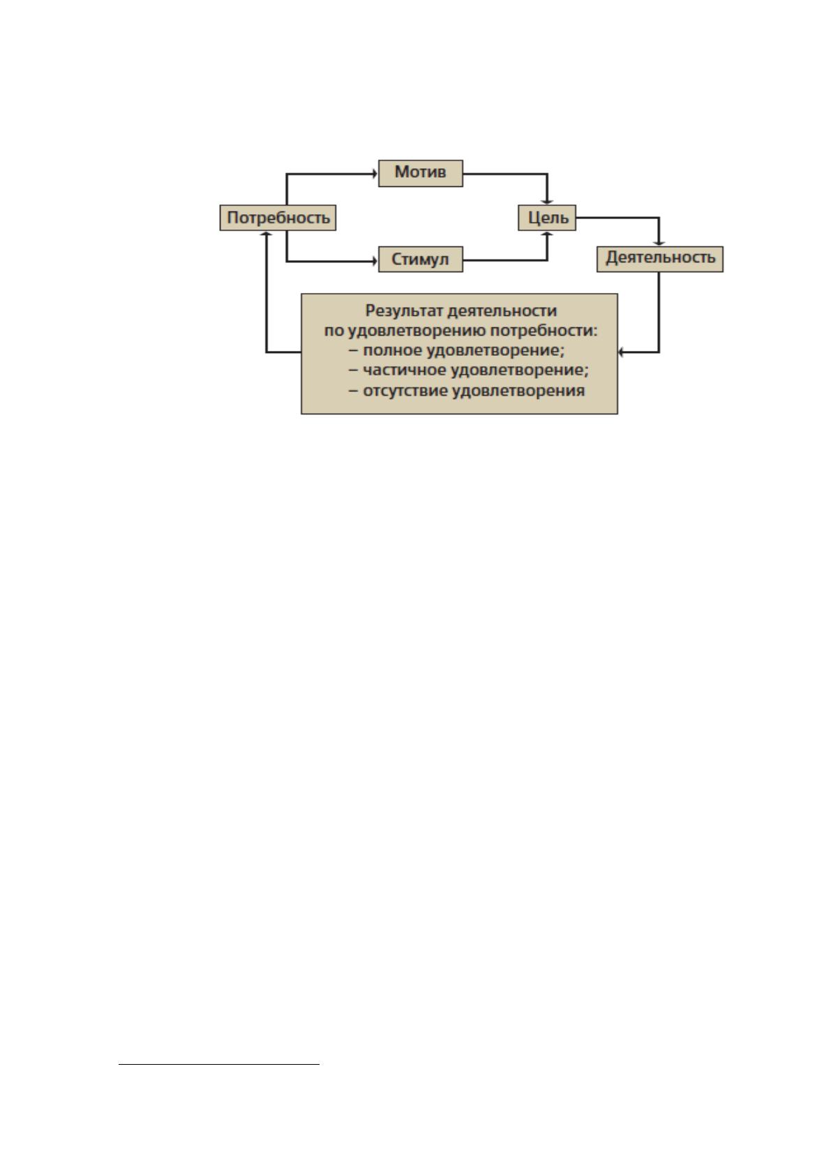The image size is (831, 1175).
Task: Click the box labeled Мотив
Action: tap(420, 173)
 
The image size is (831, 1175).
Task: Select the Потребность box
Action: tap(278, 218)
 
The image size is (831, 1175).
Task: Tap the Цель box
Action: tap(546, 218)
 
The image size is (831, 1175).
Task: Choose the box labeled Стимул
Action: tap(420, 259)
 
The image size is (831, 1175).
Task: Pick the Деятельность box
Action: tap(659, 259)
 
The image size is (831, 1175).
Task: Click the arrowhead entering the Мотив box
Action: tap(375, 173)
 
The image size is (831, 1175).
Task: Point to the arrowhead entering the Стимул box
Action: tap(375, 261)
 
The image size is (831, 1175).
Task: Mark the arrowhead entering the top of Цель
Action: tap(547, 202)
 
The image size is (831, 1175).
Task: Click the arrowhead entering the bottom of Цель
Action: tap(547, 234)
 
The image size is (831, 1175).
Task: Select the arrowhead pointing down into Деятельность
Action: tap(659, 243)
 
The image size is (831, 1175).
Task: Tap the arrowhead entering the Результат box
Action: tap(621, 352)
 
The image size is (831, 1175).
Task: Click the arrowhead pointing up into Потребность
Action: tap(267, 234)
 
